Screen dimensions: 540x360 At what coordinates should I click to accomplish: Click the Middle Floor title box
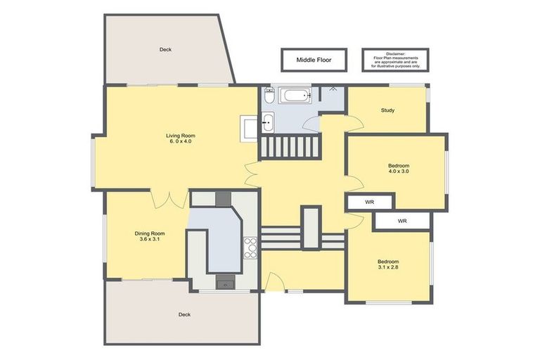click(x=314, y=60)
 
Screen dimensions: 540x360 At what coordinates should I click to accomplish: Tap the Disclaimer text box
click(x=395, y=60)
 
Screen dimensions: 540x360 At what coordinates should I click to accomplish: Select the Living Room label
click(x=181, y=138)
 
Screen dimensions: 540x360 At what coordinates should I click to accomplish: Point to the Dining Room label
click(x=150, y=236)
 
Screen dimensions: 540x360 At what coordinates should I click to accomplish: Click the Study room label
click(x=387, y=110)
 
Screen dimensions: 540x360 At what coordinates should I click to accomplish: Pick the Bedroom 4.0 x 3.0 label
click(x=399, y=168)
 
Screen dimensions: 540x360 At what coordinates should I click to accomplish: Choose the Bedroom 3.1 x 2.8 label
click(x=388, y=264)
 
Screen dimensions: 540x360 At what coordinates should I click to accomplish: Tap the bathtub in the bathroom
click(x=296, y=96)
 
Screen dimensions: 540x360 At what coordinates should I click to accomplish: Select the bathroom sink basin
click(x=267, y=122)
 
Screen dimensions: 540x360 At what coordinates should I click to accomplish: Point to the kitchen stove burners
click(x=250, y=248)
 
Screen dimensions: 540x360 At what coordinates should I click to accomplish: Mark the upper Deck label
click(x=165, y=50)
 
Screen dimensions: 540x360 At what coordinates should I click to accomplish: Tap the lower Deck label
click(x=185, y=314)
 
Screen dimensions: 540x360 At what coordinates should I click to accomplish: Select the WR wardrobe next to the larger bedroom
click(x=370, y=202)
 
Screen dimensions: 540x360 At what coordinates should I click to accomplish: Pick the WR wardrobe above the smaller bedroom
click(x=402, y=221)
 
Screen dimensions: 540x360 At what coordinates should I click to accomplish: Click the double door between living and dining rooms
click(x=168, y=200)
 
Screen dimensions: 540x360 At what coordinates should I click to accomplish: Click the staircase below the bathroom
click(x=290, y=147)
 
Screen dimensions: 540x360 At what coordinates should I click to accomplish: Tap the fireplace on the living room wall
click(x=249, y=129)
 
